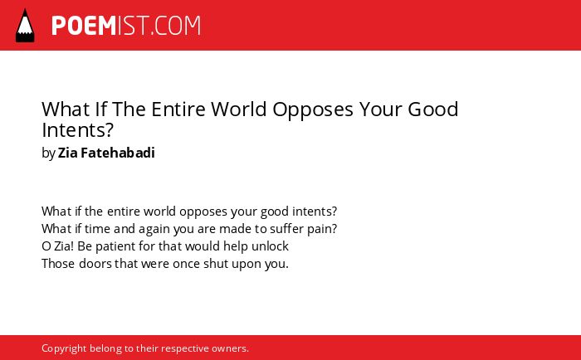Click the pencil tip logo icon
(25, 26)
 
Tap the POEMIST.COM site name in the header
(126, 26)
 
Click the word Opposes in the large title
(313, 110)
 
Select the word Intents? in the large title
(77, 129)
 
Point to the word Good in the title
(432, 109)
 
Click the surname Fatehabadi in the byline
(118, 153)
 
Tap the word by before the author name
(48, 153)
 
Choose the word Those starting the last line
(59, 264)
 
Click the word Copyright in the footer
(64, 349)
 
